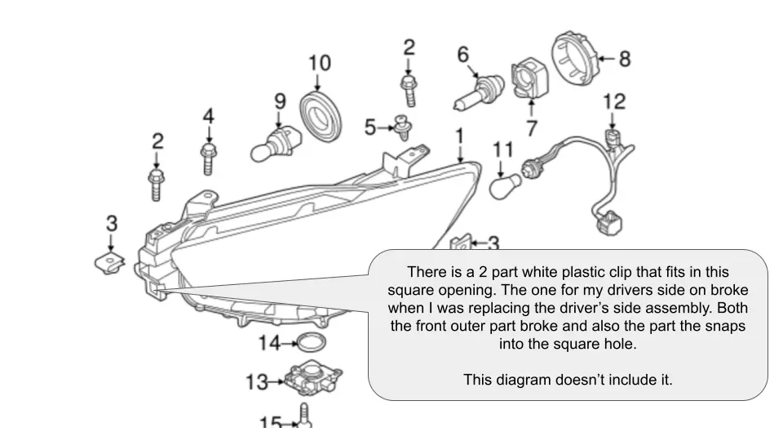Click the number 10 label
319,63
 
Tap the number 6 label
462,55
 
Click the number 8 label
624,58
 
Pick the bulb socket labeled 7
526,79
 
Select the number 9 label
280,101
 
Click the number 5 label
370,127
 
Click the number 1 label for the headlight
459,135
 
